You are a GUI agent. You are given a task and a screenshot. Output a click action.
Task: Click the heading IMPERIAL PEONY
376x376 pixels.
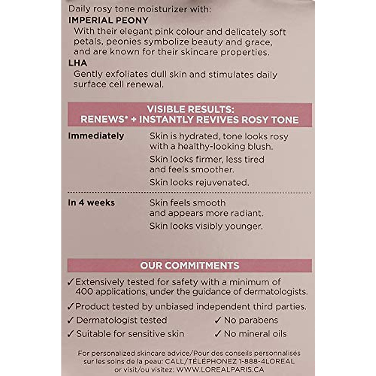click(108, 20)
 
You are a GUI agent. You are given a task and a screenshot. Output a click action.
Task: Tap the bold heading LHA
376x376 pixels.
click(78, 63)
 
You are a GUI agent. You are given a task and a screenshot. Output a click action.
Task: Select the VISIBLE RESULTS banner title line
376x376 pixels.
click(191, 109)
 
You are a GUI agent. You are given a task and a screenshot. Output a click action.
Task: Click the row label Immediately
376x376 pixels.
click(96, 136)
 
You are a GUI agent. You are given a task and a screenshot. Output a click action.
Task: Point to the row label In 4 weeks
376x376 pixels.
click(91, 203)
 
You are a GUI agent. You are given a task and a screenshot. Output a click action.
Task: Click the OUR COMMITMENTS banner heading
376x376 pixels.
click(190, 265)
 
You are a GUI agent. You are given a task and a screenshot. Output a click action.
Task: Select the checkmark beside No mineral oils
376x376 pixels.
click(218, 334)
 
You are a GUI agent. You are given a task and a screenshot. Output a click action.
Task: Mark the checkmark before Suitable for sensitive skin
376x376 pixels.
click(70, 334)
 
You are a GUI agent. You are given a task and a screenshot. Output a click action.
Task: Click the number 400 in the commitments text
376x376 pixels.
click(84, 292)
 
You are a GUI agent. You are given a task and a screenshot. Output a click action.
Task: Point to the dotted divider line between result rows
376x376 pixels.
click(190, 193)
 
